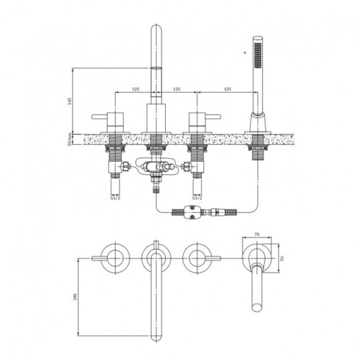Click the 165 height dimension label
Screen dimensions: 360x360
tap(70, 101)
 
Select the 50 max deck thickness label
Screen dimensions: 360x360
tap(70, 139)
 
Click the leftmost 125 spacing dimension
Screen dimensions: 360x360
tap(136, 89)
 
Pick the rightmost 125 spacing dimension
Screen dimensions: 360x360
tap(228, 89)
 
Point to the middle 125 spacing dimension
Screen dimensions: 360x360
tap(177, 89)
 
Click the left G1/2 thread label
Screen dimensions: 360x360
tap(115, 198)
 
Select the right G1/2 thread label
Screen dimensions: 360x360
tap(197, 198)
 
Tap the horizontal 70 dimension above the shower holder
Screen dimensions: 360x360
tap(257, 234)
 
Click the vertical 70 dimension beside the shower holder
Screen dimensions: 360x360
tap(282, 258)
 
